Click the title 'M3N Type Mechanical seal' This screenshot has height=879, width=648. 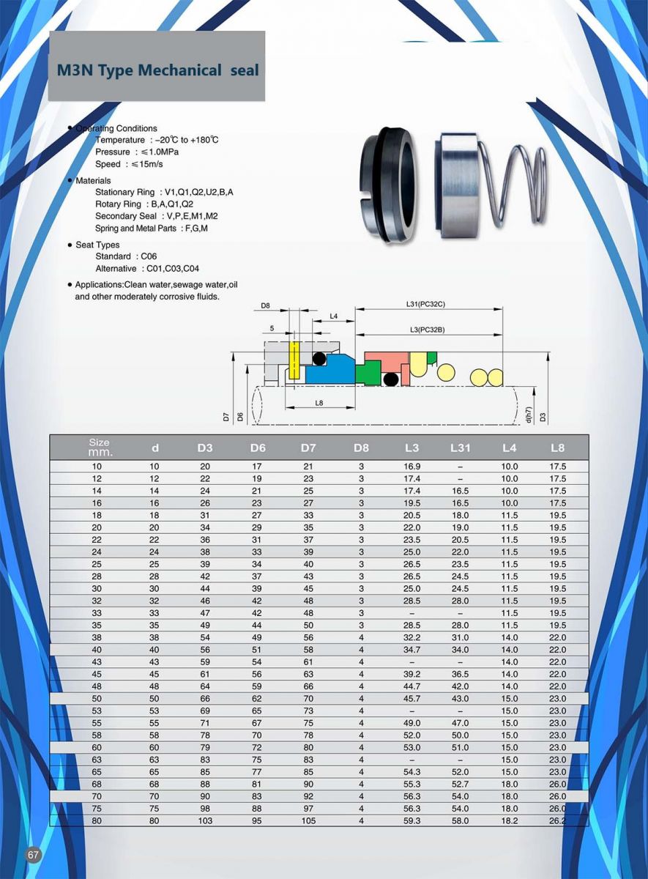coord(157,70)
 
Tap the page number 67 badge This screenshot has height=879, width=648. coord(33,856)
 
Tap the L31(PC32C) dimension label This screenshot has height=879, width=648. coord(425,303)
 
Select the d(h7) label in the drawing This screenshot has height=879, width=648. coord(528,414)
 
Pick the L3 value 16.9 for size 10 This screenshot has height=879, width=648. coord(411,467)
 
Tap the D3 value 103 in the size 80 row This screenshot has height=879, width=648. coord(205,821)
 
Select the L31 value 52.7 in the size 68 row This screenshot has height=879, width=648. coord(460,785)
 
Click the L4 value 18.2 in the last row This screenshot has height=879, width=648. coord(509,821)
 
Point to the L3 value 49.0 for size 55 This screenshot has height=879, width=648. coord(411,723)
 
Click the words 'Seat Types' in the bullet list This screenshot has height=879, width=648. coord(97,245)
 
